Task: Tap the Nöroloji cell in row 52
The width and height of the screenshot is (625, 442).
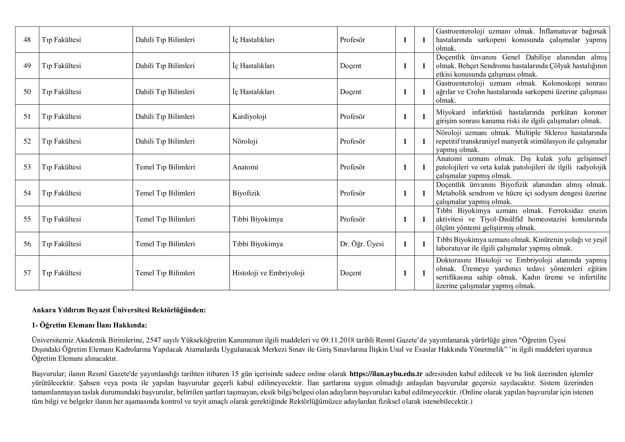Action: [x=245, y=141]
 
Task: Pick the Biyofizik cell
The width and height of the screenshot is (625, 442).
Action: [x=246, y=193]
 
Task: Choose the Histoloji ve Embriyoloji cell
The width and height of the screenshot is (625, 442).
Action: [x=268, y=273]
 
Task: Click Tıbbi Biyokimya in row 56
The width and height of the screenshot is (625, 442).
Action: [x=257, y=244]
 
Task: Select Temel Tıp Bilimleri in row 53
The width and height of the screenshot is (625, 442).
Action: [x=165, y=167]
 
